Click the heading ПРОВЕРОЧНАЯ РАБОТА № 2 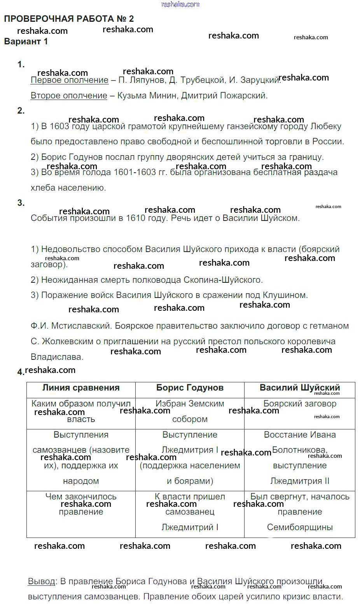point(69,19)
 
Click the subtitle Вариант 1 point(26,42)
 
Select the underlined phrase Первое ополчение point(69,80)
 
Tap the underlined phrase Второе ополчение point(68,96)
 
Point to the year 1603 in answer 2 point(59,126)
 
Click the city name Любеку point(326,126)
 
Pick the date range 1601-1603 point(135,172)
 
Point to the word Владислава point(57,357)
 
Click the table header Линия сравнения point(81,388)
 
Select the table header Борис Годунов point(190,388)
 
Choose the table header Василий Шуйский point(300,388)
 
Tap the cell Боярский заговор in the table point(300,404)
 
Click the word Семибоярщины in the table point(300,527)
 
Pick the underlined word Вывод point(41,581)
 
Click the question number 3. point(21,203)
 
